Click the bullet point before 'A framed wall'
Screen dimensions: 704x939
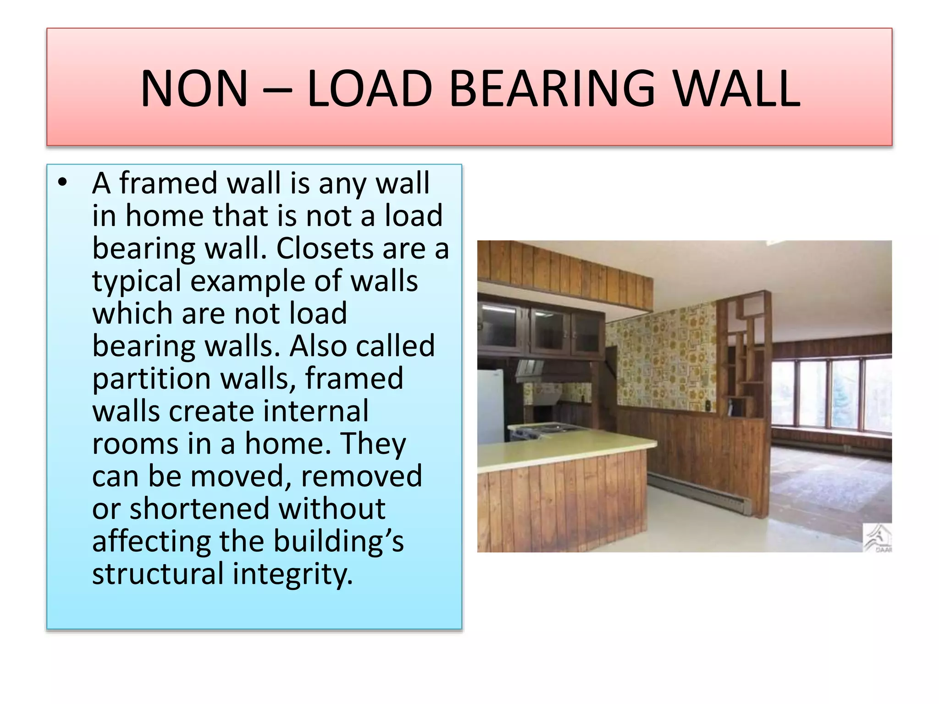(x=63, y=183)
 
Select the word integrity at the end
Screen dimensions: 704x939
(x=293, y=574)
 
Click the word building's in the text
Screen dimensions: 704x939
(x=339, y=541)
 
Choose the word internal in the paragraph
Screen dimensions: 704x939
(x=316, y=411)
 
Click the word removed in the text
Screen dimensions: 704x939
(x=361, y=476)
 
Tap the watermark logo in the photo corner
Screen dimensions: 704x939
(x=878, y=538)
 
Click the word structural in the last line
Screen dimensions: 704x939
(x=158, y=574)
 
